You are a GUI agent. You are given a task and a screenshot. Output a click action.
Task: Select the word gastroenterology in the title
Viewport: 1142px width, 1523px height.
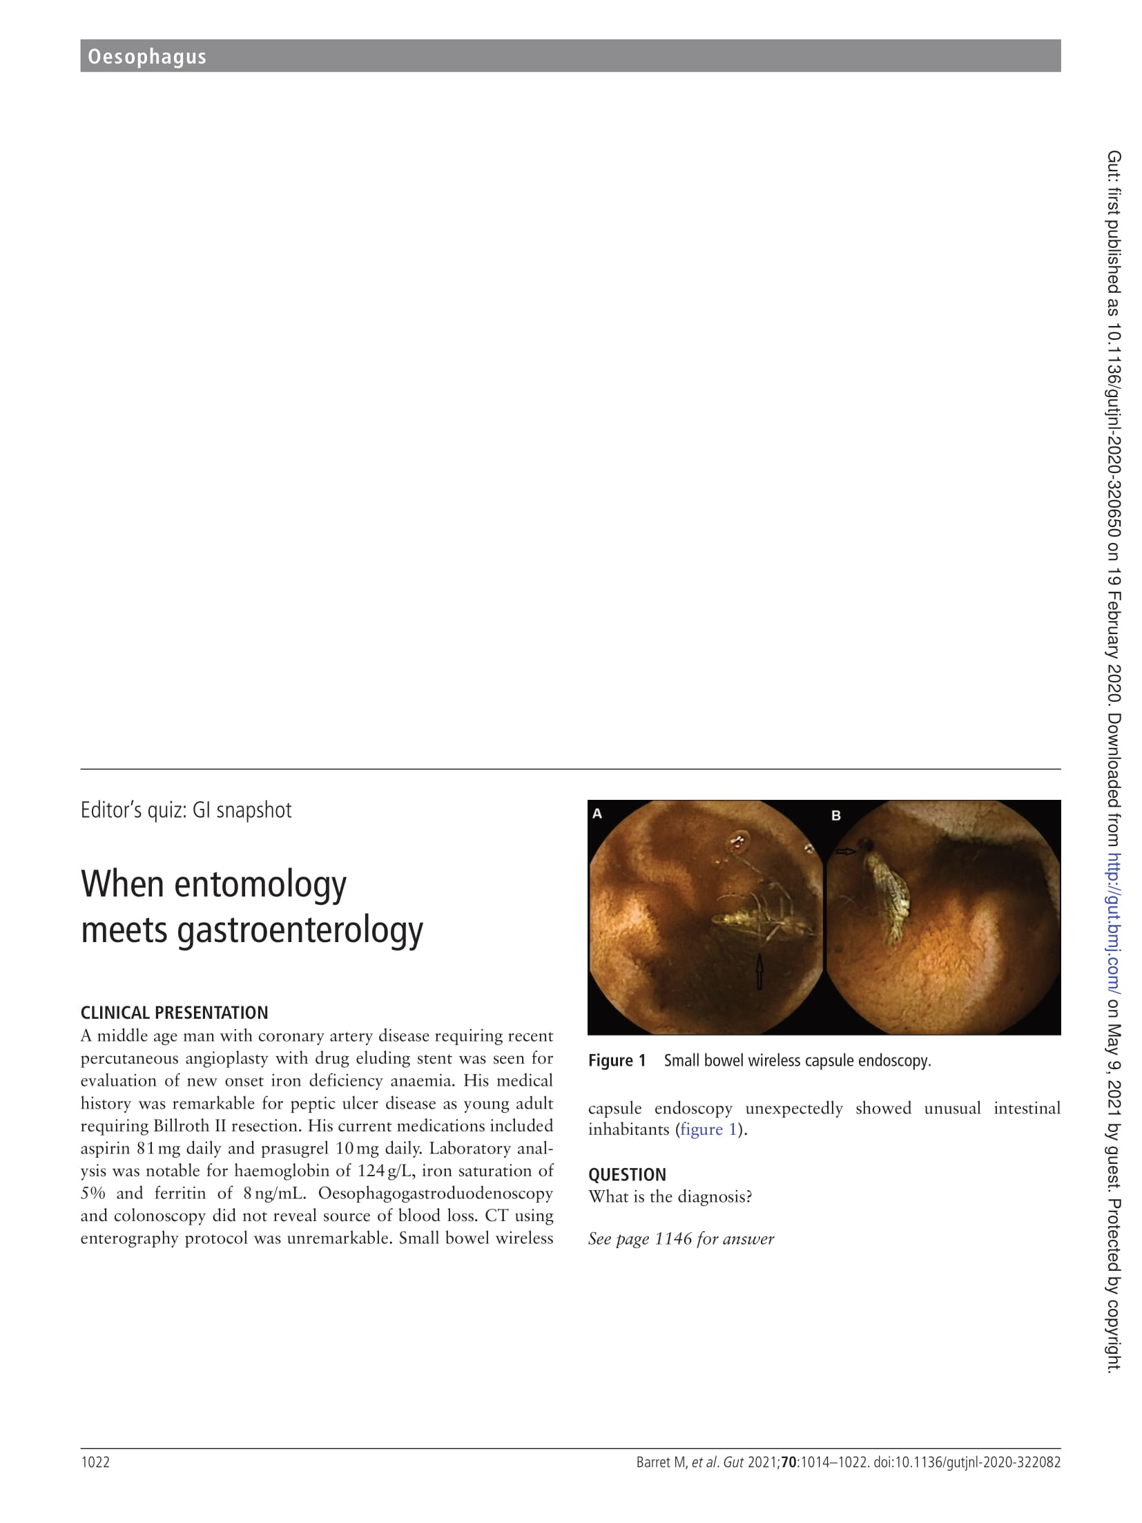pyautogui.click(x=300, y=930)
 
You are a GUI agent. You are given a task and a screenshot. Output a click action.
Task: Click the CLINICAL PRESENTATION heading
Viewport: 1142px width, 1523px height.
pyautogui.click(x=174, y=1013)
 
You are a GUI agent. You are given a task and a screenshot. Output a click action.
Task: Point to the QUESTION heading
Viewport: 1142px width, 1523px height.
pyautogui.click(x=627, y=1174)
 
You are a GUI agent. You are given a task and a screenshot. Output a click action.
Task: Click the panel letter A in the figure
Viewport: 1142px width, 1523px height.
pyautogui.click(x=597, y=814)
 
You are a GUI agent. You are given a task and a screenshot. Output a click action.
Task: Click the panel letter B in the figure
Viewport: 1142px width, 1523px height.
pyautogui.click(x=836, y=816)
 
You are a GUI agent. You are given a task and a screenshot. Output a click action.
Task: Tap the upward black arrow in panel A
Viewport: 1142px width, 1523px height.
pyautogui.click(x=759, y=970)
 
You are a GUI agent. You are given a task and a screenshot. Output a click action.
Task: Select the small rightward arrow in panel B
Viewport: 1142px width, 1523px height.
pyautogui.click(x=846, y=852)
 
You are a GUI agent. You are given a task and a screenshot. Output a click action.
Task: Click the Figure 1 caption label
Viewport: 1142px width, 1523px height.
pyautogui.click(x=617, y=1061)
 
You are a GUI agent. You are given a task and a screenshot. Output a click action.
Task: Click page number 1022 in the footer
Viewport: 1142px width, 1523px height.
pyautogui.click(x=95, y=1462)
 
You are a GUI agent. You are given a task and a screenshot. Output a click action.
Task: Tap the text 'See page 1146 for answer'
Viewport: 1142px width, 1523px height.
pyautogui.click(x=681, y=1238)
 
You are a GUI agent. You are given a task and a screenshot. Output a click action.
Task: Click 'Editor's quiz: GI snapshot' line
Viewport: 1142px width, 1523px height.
pyautogui.click(x=186, y=810)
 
